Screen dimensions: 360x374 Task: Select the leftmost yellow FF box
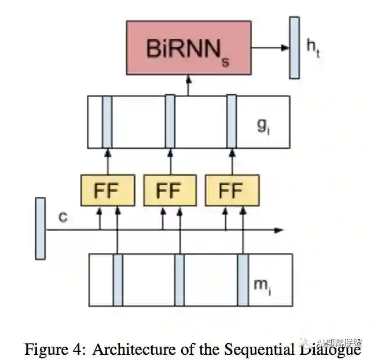point(108,190)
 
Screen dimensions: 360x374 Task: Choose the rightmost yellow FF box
point(232,190)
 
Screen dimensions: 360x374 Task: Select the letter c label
point(63,218)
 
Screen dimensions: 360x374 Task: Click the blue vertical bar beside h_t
point(295,47)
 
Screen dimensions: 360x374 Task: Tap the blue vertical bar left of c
point(40,228)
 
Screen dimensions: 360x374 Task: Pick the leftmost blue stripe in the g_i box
point(107,122)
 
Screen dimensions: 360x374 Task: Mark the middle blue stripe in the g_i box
point(170,122)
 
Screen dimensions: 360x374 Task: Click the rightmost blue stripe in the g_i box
point(232,122)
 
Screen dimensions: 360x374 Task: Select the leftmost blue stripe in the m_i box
point(118,280)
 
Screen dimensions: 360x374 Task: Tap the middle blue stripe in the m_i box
point(179,280)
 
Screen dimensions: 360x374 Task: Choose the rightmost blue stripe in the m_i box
point(243,280)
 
